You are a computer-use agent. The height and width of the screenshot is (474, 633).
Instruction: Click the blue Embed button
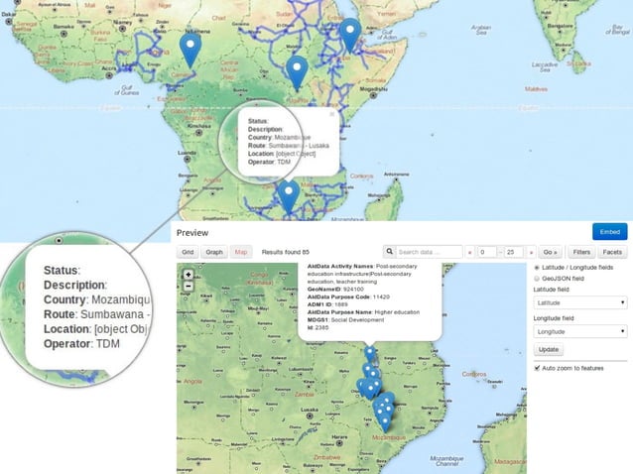pos(609,231)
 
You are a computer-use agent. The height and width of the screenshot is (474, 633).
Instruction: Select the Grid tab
pos(188,252)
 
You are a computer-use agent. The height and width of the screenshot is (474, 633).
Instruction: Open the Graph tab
pos(214,252)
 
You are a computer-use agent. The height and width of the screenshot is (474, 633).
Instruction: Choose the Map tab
pos(240,252)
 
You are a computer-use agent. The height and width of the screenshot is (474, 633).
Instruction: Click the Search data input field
pos(424,252)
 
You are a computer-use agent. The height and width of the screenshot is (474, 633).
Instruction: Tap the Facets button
pos(612,252)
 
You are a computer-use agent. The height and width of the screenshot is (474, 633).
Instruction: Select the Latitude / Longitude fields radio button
pos(538,268)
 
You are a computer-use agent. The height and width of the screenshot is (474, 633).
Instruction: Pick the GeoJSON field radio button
pos(538,279)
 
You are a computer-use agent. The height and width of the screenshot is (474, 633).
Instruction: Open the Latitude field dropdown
pos(579,302)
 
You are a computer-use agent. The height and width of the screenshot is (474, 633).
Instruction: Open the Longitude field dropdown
pos(579,332)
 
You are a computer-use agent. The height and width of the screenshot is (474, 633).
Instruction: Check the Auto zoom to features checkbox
pos(538,368)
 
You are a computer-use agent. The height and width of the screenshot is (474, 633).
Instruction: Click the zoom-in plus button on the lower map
pos(189,275)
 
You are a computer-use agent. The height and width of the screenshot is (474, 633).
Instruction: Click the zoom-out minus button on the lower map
pos(189,287)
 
